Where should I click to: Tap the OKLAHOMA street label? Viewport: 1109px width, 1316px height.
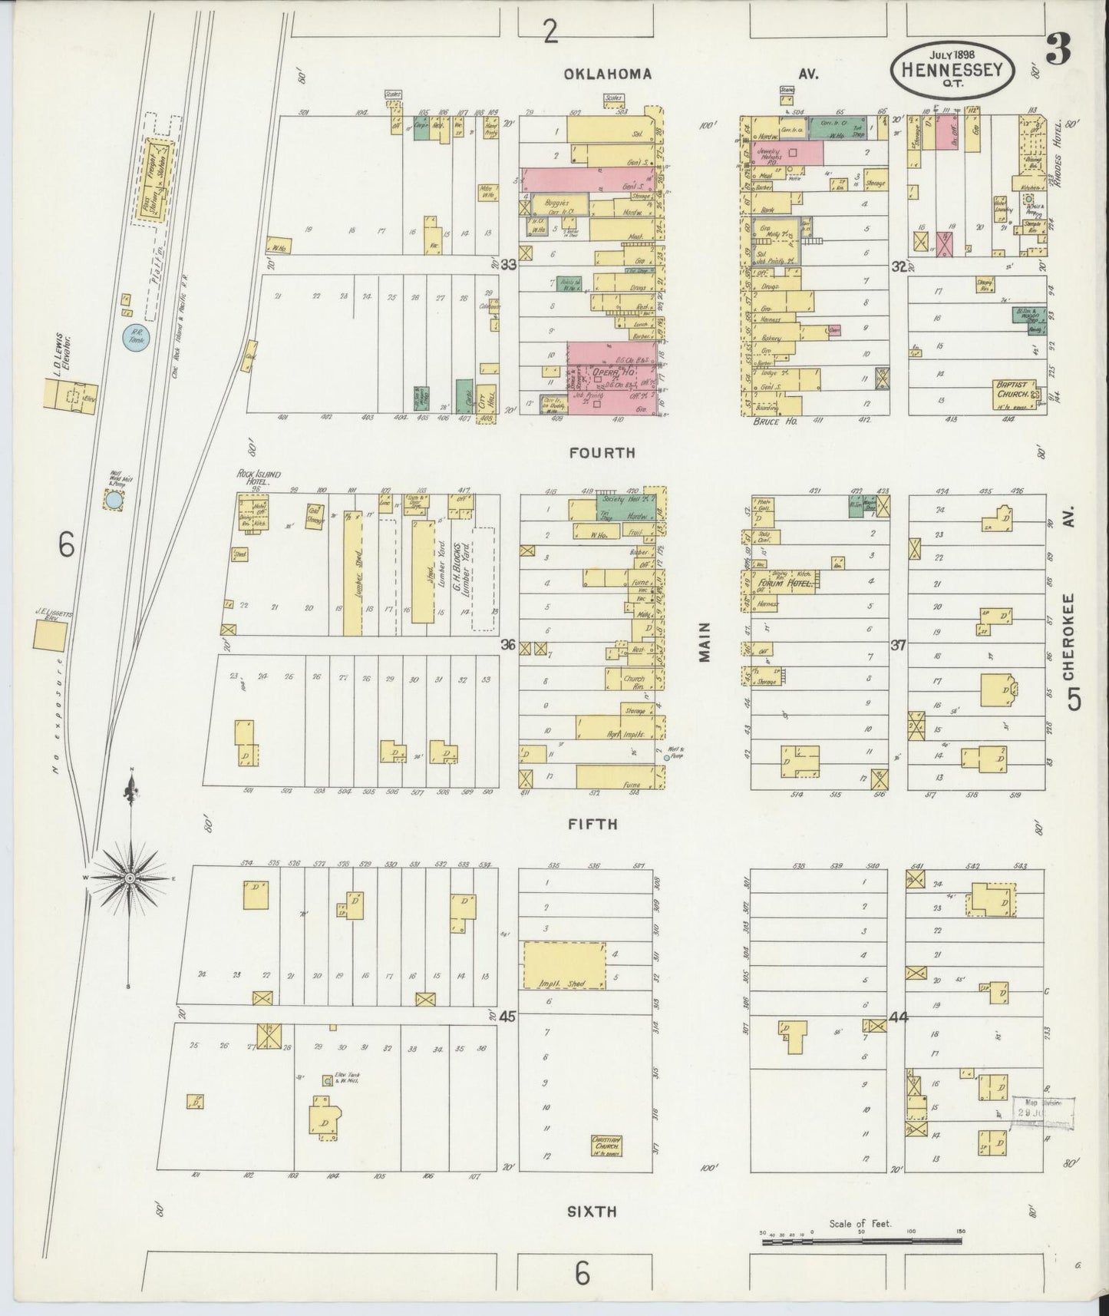pos(608,74)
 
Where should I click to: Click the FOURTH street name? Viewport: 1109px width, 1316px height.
pos(602,453)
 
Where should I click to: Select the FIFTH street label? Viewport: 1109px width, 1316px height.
pos(593,825)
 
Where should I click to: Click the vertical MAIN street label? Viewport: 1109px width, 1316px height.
pos(705,642)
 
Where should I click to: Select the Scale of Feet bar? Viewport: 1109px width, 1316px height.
pos(860,1240)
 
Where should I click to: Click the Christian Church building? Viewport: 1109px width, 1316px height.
pos(606,1146)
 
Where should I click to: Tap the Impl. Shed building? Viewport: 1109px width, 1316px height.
pos(563,965)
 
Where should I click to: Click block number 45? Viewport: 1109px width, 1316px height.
pos(506,1016)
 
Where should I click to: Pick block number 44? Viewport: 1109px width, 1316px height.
pos(898,1018)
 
